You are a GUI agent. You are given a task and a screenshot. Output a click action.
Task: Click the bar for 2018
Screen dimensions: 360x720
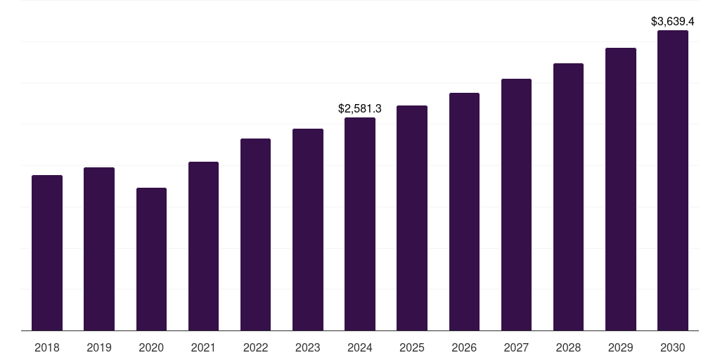[x=47, y=253]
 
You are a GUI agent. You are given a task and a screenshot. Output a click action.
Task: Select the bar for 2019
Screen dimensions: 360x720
[x=99, y=249]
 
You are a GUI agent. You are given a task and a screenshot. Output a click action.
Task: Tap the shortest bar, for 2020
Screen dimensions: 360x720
[x=151, y=259]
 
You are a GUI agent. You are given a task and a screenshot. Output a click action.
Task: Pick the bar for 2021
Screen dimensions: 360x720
[x=203, y=246]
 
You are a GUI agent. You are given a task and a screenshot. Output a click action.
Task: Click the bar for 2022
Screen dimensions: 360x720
[x=255, y=235]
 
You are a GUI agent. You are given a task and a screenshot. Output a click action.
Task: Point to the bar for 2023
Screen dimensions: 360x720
[x=308, y=230]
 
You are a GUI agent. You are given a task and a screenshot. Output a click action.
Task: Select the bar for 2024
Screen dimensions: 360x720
[x=360, y=224]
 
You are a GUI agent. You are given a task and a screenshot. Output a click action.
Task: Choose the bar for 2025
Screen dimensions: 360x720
[x=412, y=218]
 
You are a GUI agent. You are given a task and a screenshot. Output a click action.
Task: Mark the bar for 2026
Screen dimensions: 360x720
[x=464, y=212]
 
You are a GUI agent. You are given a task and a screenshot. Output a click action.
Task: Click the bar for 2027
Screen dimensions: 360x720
[x=516, y=205]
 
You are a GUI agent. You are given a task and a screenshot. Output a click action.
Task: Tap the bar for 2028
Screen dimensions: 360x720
[x=568, y=197]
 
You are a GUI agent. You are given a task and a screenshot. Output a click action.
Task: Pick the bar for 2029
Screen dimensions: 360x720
[x=621, y=189]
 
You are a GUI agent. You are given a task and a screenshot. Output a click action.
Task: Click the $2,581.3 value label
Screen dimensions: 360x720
[x=360, y=109]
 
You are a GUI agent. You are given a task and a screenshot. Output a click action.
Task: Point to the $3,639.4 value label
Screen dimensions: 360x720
[x=673, y=22]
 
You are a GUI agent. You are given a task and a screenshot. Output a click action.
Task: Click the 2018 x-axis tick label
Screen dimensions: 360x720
[x=47, y=347]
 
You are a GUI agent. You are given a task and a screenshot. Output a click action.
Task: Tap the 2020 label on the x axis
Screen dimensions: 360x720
[x=151, y=347]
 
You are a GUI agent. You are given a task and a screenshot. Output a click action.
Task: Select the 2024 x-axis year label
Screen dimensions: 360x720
[x=360, y=347]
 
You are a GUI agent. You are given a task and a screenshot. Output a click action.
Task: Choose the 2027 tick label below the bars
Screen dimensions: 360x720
[x=516, y=347]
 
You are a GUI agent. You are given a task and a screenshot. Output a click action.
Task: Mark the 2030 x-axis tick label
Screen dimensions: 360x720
[x=673, y=347]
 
